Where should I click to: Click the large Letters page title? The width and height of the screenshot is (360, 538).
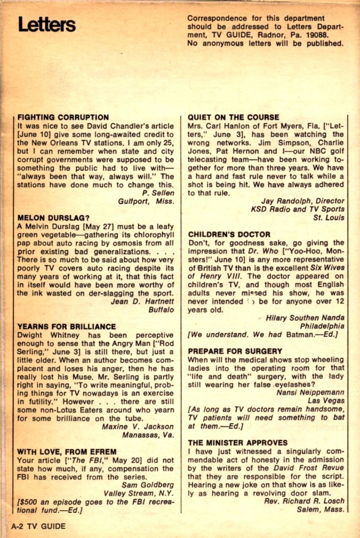pos(46,25)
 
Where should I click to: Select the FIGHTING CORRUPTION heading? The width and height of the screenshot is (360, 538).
pos(63,117)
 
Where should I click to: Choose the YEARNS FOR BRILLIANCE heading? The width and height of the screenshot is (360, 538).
pos(67,326)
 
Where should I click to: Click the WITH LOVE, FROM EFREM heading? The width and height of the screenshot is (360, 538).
pos(67,452)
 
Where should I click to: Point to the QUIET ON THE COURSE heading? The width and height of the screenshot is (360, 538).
pos(234,117)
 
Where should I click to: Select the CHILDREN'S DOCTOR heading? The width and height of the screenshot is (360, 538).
pos(229,234)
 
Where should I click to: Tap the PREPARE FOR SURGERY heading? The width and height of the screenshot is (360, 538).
pos(235,351)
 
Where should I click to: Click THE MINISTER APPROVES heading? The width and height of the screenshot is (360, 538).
pos(238,442)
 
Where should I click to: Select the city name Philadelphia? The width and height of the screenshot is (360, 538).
pos(322,326)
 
